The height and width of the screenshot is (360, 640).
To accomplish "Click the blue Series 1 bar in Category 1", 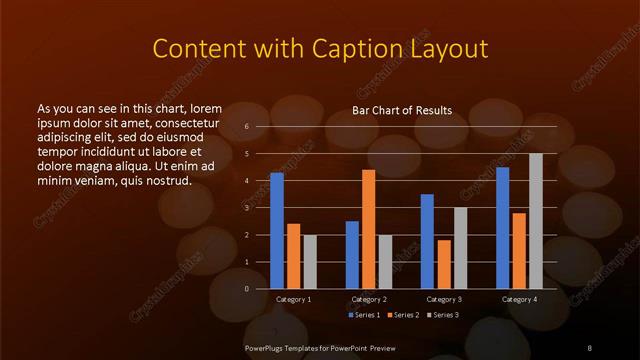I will pos(277,231).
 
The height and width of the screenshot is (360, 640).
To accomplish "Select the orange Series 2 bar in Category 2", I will pos(368,229).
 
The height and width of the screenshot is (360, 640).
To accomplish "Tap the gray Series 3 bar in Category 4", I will pos(535,221).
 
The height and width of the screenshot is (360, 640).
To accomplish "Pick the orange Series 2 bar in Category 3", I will pos(444,264).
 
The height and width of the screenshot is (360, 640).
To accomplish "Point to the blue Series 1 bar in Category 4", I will pos(502,228).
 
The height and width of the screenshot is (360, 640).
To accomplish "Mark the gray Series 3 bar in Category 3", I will pos(460,248).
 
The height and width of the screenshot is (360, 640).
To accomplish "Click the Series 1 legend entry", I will pos(363,316).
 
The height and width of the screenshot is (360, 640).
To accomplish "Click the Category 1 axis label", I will pos(294,299).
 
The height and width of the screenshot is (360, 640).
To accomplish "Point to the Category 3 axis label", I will pos(444,299).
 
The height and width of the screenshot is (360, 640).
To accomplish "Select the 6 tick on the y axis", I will pos(247,127).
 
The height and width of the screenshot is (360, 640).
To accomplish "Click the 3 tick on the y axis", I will pos(247,208).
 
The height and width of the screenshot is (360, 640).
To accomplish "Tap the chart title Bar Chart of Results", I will pos(402,110).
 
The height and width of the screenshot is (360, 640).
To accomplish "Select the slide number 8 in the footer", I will pos(589,346).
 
